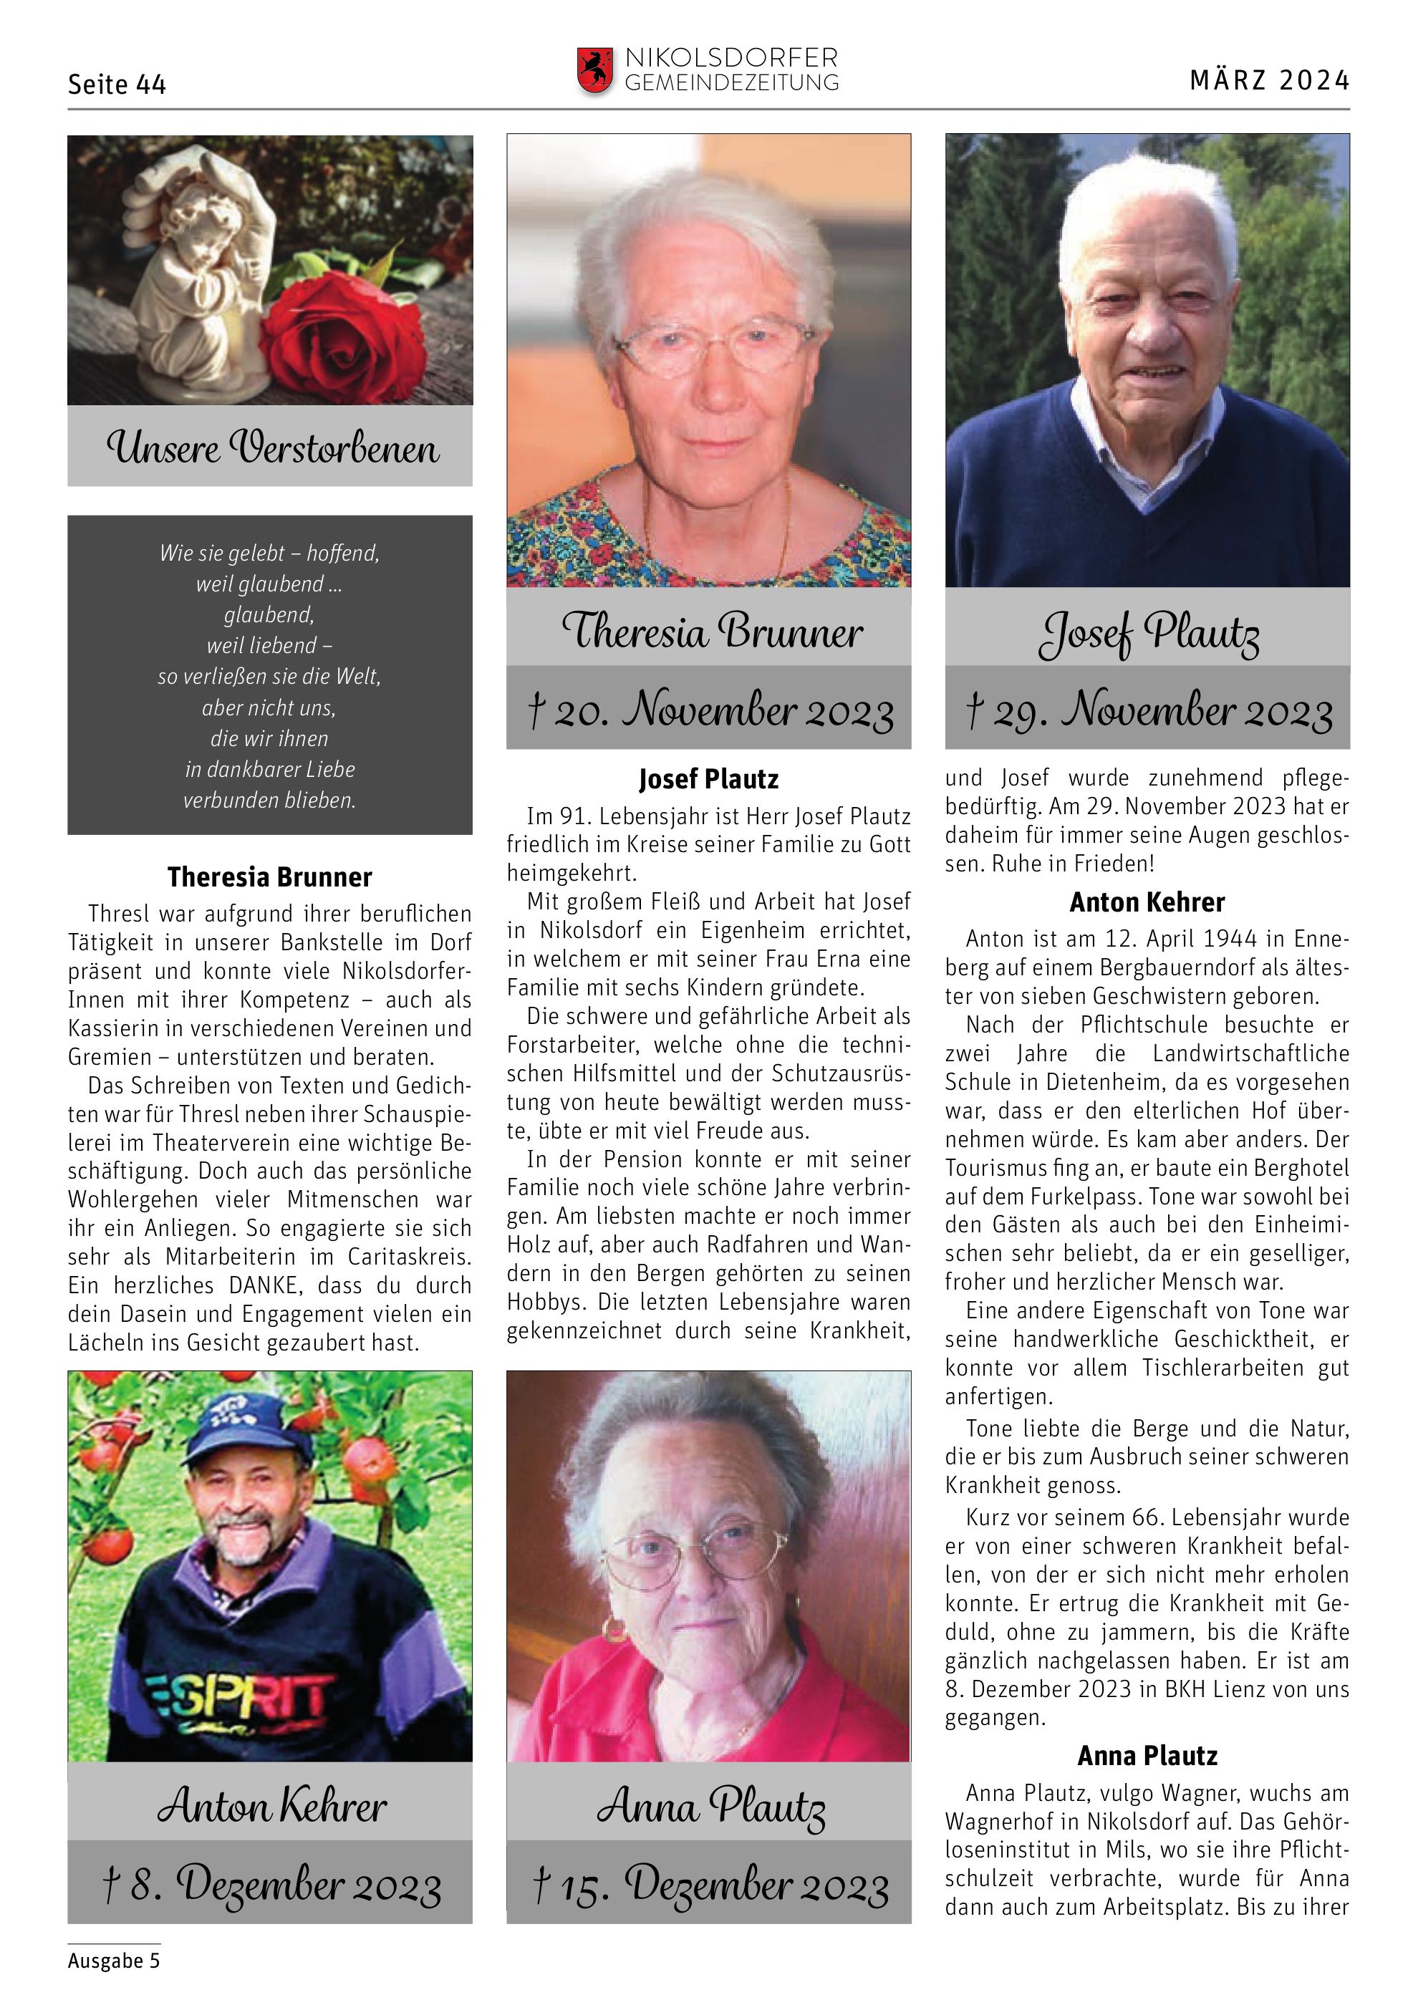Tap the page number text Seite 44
click(117, 84)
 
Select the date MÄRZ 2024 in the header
click(1269, 80)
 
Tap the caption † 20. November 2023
click(710, 709)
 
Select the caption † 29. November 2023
click(1148, 709)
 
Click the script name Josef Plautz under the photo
click(1148, 632)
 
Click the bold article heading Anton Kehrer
click(1147, 902)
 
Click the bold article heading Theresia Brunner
click(270, 876)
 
